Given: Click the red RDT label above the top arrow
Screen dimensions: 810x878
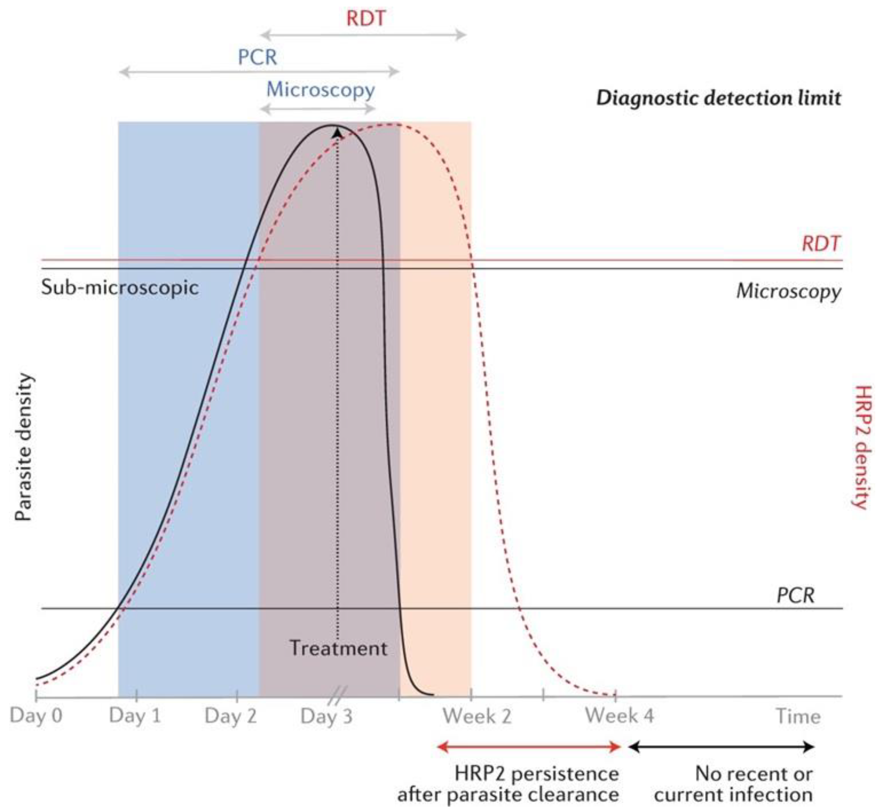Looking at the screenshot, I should click(x=366, y=18).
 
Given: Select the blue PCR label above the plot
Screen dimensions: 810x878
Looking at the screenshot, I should click(x=257, y=57).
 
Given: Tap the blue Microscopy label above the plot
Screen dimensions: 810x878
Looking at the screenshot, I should click(x=321, y=90).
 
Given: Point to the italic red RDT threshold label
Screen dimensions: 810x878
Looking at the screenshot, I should click(x=821, y=244).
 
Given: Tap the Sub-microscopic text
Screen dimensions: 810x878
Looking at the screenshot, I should click(x=120, y=288).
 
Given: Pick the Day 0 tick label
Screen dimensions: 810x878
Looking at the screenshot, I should click(x=36, y=716).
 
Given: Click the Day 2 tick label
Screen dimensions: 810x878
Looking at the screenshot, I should click(x=231, y=717).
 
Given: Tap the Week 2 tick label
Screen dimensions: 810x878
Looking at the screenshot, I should click(x=477, y=717).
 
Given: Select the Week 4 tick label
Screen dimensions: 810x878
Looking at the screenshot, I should click(x=619, y=716).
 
